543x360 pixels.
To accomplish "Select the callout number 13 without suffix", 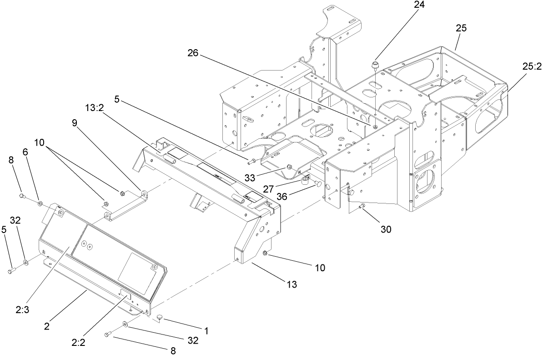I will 292,284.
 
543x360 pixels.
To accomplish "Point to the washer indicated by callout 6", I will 40,201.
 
